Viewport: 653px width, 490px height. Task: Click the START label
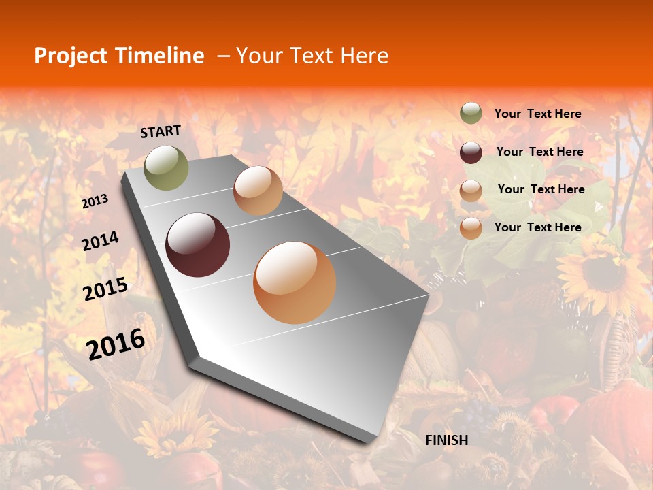[x=161, y=131]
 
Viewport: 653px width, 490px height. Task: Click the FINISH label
[x=446, y=440]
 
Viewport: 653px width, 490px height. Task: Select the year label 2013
[x=95, y=201]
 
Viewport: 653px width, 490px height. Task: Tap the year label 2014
[x=100, y=242]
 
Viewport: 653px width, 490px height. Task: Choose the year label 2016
[x=116, y=344]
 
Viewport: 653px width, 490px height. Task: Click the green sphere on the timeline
[x=167, y=167]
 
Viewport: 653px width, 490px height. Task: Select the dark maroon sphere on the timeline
[x=198, y=245]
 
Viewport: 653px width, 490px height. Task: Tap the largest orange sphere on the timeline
[x=295, y=282]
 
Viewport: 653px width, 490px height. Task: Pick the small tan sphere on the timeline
[x=258, y=191]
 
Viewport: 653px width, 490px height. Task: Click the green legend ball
[x=471, y=114]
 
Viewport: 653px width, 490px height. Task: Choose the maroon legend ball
[x=471, y=152]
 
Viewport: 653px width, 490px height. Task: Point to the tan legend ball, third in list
[x=471, y=191]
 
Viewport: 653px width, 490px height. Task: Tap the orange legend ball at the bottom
[x=471, y=228]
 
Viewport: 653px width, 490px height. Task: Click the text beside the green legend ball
[x=537, y=114]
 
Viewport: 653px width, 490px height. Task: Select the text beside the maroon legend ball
[x=539, y=152]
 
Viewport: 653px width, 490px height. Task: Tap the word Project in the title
[x=71, y=56]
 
